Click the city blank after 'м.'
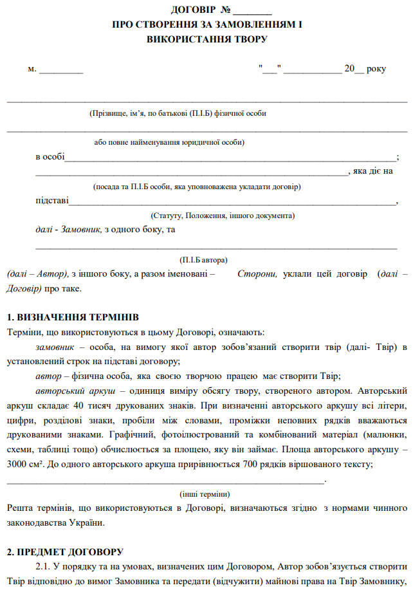point(61,68)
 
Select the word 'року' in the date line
point(376,68)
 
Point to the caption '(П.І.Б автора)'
point(204,260)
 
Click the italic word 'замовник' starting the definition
point(57,347)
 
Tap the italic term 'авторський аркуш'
point(75,391)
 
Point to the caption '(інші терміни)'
point(204,493)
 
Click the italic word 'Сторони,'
point(257,273)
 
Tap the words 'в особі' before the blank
point(50,156)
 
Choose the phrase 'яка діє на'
point(373,171)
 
